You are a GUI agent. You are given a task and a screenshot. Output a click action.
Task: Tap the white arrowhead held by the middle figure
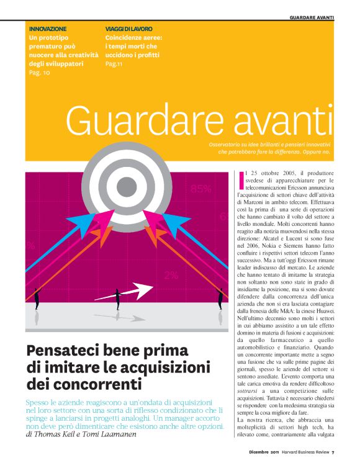[141, 289]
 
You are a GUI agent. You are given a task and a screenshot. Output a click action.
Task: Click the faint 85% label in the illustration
[200, 189]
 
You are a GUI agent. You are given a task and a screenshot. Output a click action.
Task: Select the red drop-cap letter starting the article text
[241, 178]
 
